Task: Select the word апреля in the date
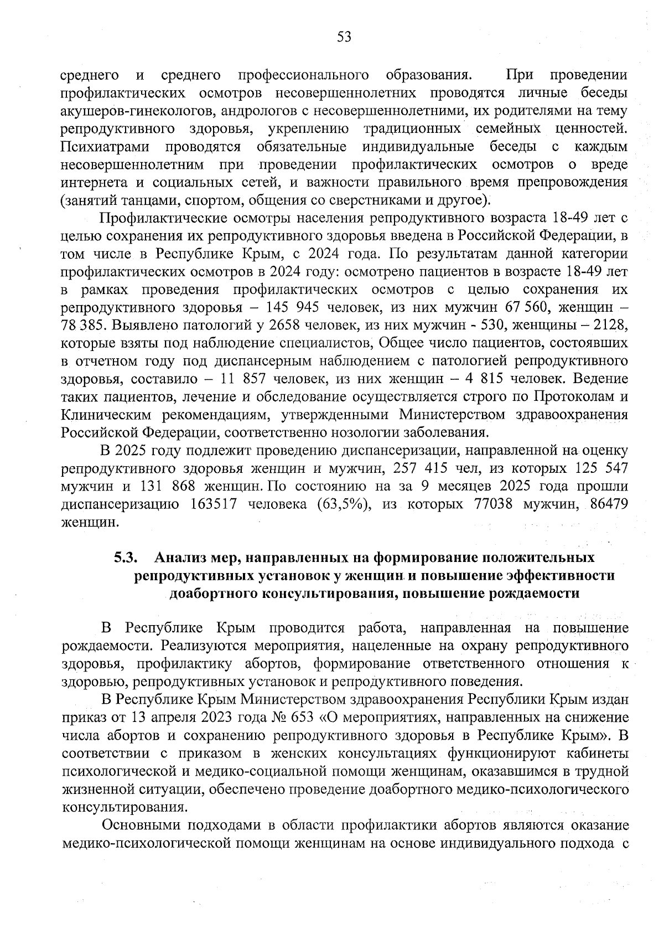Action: coord(170,718)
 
